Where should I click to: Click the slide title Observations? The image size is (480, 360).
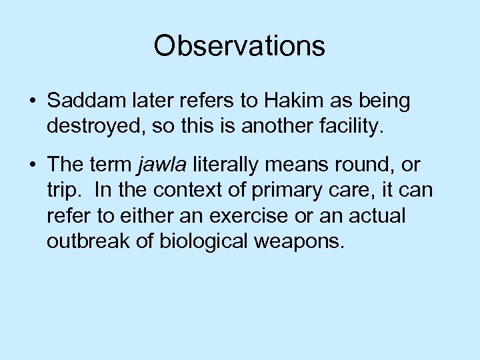coord(239,46)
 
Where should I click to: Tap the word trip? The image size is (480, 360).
coord(65,191)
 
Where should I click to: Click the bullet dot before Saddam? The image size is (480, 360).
coord(32,102)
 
